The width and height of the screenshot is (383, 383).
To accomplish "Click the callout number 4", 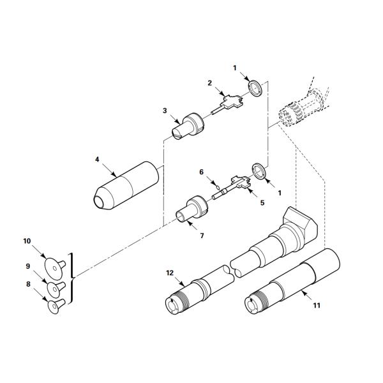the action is coord(97,159).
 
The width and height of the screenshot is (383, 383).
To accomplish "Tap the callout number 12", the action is coord(170,273).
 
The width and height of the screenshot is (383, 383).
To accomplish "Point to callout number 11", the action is coord(317,305).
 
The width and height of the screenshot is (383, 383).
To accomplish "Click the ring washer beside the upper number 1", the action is coord(255,88).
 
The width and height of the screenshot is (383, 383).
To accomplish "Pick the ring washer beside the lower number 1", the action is coord(259,171).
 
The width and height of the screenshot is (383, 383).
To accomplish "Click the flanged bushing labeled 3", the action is coord(187,126).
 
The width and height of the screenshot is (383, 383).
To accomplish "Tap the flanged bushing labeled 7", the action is coord(191,209).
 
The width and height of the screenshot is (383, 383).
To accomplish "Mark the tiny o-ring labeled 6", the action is coord(218,188).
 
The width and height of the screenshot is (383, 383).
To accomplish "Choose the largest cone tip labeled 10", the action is coord(55,269).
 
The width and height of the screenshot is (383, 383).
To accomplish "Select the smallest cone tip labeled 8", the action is coord(56,306).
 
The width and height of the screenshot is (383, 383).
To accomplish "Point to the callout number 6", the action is coord(201,172).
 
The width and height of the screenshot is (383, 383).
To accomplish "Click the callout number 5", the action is coord(262,203).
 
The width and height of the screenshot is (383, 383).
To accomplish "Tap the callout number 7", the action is coord(202,236).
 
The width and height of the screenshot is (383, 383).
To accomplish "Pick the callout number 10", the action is coord(27,241).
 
